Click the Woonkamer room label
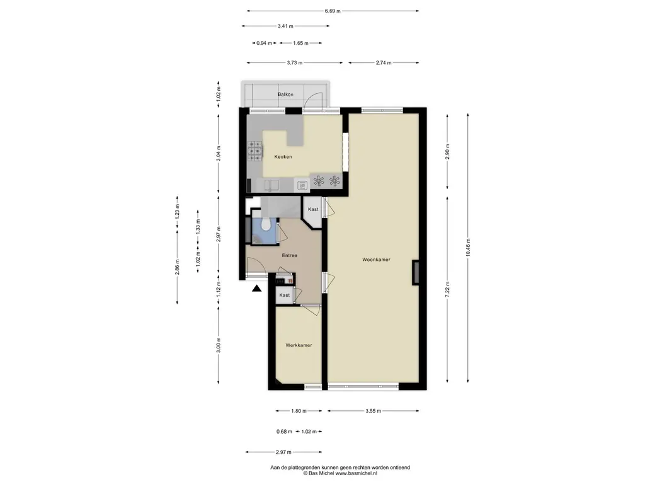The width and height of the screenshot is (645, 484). [x=376, y=260]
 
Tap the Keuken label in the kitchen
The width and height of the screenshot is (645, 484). [x=283, y=157]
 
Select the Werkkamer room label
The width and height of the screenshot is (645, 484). [x=299, y=345]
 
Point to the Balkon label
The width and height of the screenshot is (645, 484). [x=285, y=95]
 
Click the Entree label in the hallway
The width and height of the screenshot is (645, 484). [x=289, y=256]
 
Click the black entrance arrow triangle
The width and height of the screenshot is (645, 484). [x=257, y=289]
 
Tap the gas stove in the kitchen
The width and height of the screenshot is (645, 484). [x=254, y=151]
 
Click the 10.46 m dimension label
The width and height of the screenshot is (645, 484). [x=468, y=248]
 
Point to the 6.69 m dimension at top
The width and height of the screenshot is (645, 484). [x=333, y=11]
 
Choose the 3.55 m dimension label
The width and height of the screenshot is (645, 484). [x=373, y=411]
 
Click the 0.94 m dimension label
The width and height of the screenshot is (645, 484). [x=264, y=43]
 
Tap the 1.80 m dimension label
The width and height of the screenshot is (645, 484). [x=299, y=411]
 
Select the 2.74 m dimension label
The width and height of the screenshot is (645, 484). [x=384, y=63]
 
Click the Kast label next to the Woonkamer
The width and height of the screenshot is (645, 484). [x=313, y=209]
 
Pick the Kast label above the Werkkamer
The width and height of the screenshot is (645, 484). [x=284, y=295]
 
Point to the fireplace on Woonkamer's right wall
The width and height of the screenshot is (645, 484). [x=416, y=273]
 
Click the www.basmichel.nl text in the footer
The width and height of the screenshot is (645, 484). [x=357, y=474]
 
